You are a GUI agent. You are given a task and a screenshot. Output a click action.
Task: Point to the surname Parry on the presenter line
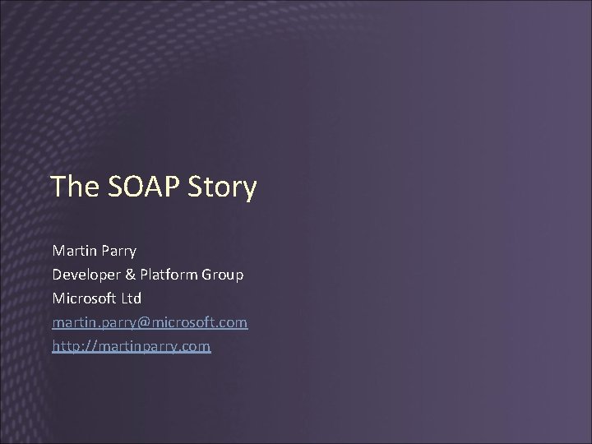[120, 249]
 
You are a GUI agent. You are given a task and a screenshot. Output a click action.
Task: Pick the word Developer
[87, 274]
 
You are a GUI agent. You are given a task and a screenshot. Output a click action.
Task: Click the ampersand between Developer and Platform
[132, 274]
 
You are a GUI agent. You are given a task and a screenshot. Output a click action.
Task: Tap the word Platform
[169, 274]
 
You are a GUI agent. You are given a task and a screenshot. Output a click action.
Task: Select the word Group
[224, 275]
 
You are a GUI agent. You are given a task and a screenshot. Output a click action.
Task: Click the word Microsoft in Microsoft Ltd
[86, 298]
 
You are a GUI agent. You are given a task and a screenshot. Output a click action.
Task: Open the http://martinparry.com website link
[132, 347]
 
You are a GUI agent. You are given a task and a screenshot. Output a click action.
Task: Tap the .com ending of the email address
[232, 322]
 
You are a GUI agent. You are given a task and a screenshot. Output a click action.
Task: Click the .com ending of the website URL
[196, 347]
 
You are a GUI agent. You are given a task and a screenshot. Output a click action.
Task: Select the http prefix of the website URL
[66, 347]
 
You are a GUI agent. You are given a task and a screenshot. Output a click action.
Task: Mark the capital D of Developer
[58, 274]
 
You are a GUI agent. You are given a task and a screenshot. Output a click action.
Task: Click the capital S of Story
[197, 187]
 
